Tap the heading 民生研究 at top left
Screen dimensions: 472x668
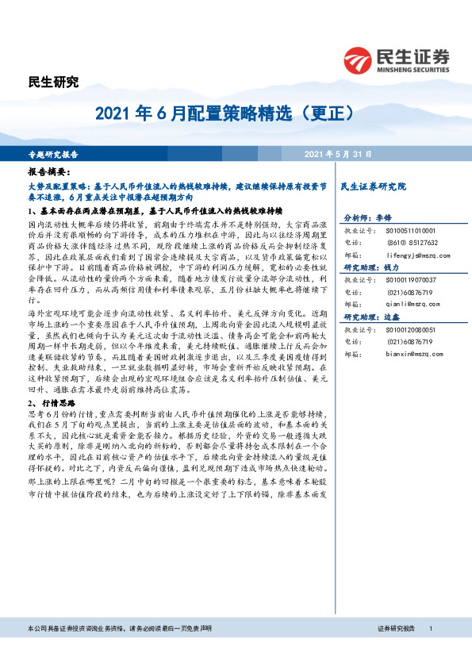pyautogui.click(x=53, y=82)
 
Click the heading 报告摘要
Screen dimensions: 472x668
pyautogui.click(x=49, y=171)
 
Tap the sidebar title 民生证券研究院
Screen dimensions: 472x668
pyautogui.click(x=372, y=186)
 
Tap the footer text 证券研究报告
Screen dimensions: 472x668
pyautogui.click(x=397, y=650)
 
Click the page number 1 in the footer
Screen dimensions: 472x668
pyautogui.click(x=431, y=650)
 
